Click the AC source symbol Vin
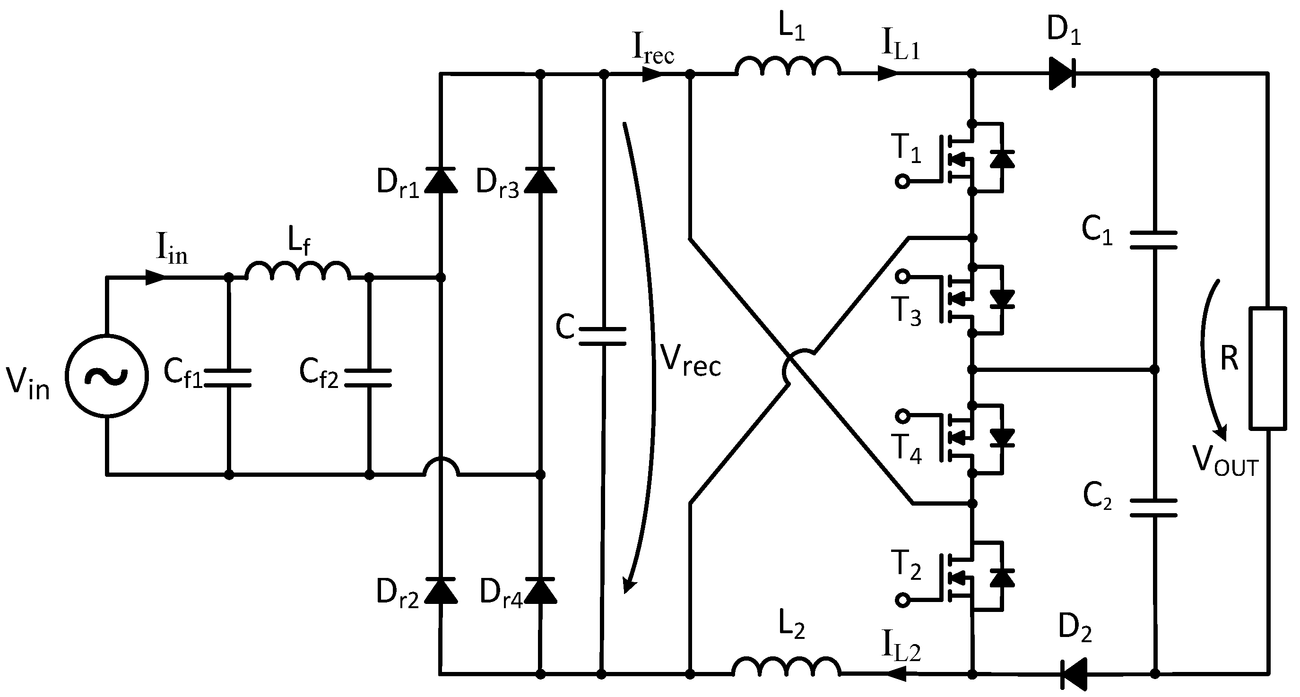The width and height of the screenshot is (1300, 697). click(x=106, y=376)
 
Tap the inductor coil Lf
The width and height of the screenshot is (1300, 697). click(x=298, y=271)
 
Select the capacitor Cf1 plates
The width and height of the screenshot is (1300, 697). click(x=229, y=378)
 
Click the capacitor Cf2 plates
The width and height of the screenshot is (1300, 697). click(x=369, y=378)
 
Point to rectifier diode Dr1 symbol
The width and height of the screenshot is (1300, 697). click(x=441, y=181)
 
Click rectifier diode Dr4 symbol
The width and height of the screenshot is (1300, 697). click(x=540, y=591)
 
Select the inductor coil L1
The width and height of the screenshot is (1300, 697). click(x=788, y=67)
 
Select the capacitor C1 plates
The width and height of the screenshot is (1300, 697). click(x=1153, y=240)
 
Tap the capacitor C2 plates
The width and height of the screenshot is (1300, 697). click(x=1153, y=508)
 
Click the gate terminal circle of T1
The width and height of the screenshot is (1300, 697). click(x=902, y=181)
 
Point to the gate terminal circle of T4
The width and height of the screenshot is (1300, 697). click(x=902, y=416)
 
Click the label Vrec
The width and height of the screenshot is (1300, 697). click(x=690, y=360)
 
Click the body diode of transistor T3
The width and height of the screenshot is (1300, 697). click(x=1002, y=299)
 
